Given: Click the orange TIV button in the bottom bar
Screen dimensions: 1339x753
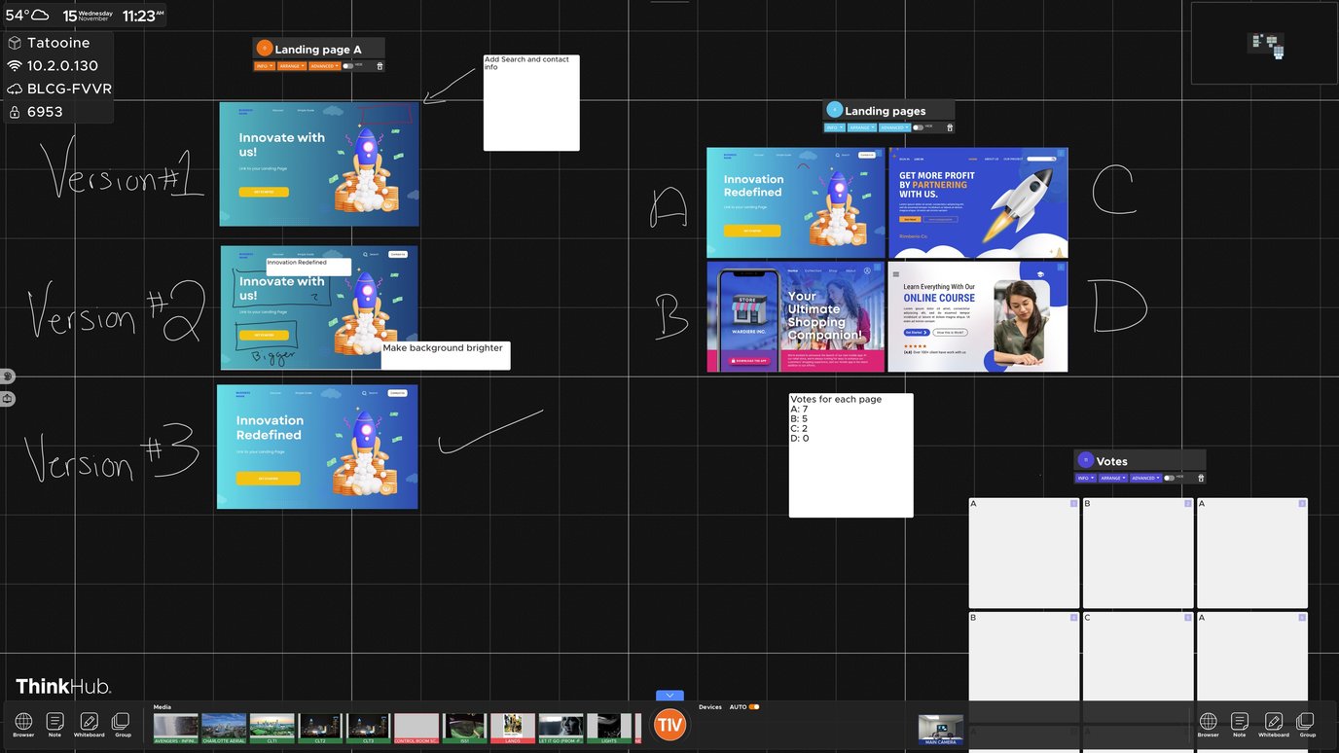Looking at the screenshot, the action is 669,725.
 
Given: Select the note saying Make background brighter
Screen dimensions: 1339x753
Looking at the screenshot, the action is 445,355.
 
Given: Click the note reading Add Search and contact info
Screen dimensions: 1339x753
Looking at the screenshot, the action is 531,102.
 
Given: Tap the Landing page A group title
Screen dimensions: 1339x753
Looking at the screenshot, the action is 317,49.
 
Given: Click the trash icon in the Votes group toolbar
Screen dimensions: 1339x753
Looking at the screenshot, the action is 1200,478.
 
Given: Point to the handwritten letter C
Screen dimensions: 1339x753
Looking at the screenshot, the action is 1112,190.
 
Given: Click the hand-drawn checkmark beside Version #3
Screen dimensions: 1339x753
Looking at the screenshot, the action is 489,433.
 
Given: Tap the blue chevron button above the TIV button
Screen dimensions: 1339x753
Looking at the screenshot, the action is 669,696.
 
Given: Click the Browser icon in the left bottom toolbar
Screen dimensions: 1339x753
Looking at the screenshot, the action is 23,724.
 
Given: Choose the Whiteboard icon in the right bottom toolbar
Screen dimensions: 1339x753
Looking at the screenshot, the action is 1273,724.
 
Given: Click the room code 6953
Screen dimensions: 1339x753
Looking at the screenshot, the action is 45,112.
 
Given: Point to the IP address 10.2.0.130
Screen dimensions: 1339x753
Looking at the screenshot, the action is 62,66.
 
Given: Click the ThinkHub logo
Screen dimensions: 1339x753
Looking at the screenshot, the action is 63,686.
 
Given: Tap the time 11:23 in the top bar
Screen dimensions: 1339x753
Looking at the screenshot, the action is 139,16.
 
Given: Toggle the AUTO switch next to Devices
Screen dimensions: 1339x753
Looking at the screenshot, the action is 753,707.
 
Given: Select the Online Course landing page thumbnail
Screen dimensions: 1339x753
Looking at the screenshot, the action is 977,316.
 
